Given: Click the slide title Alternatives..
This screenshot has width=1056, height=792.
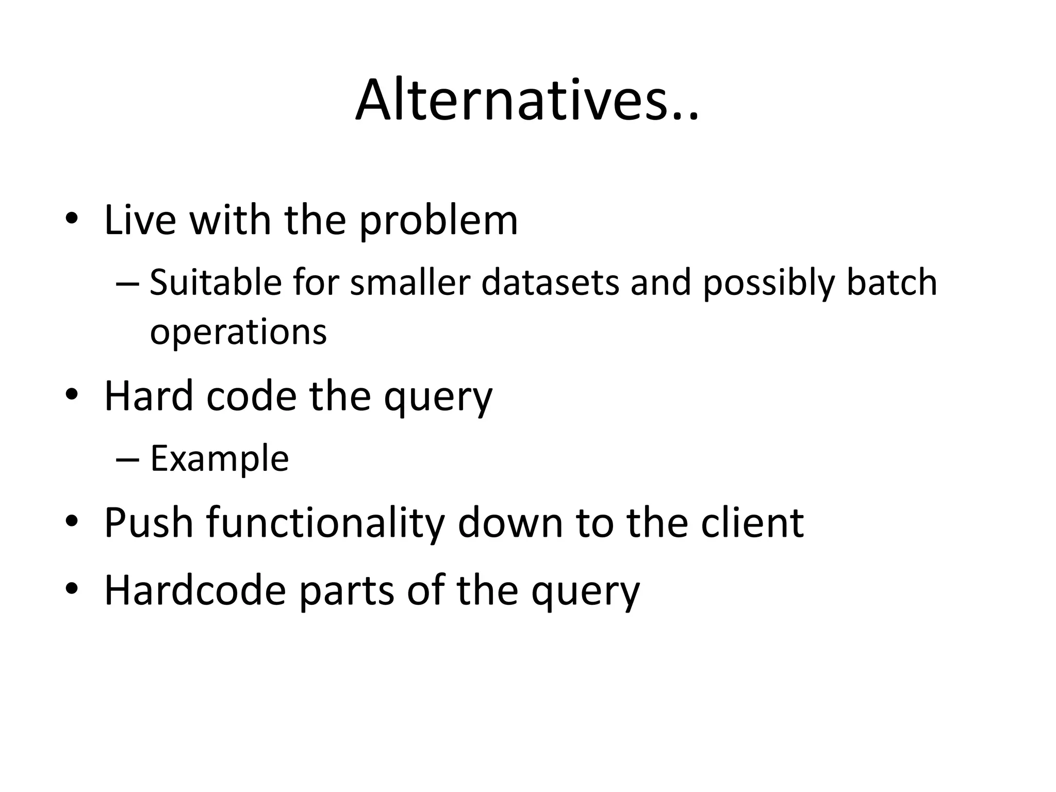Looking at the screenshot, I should pos(526,101).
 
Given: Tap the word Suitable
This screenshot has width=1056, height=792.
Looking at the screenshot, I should pos(216,283).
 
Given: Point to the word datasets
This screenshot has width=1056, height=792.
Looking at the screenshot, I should pos(550,283).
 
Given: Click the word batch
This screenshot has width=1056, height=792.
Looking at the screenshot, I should pos(892,283).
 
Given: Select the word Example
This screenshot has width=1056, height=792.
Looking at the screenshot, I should pos(219,459).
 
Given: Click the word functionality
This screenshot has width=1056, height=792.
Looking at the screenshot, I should pos(325,523).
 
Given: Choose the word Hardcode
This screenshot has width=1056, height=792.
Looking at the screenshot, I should pos(195,590).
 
